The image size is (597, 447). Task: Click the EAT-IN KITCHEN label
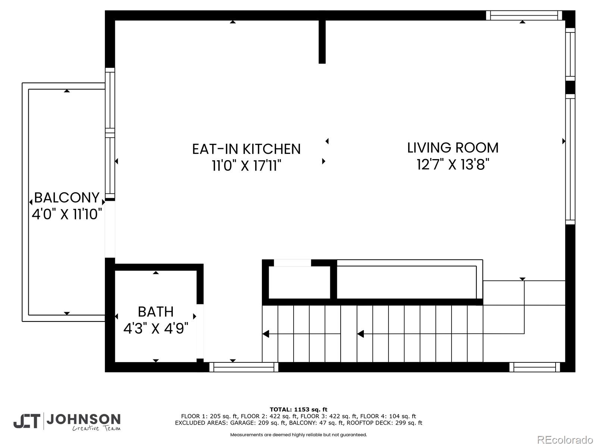246,149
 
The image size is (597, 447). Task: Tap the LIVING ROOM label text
453,148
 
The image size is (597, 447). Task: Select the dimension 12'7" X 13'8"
453,164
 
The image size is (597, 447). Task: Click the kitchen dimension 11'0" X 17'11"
246,165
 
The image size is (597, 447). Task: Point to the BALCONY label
67,197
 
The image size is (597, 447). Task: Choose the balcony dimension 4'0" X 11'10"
67,214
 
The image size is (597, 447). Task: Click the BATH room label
156,311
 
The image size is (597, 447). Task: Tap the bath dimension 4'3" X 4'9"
156,329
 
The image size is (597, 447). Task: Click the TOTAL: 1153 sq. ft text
298,409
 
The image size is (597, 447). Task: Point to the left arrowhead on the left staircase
266,334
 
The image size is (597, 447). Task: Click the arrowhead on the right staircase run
360,334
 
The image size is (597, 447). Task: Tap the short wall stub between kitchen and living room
322,42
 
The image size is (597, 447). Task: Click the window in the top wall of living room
524,15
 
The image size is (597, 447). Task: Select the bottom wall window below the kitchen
244,367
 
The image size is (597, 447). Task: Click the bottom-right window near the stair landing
535,367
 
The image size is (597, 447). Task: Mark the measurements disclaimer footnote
298,435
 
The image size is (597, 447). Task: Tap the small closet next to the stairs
299,282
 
